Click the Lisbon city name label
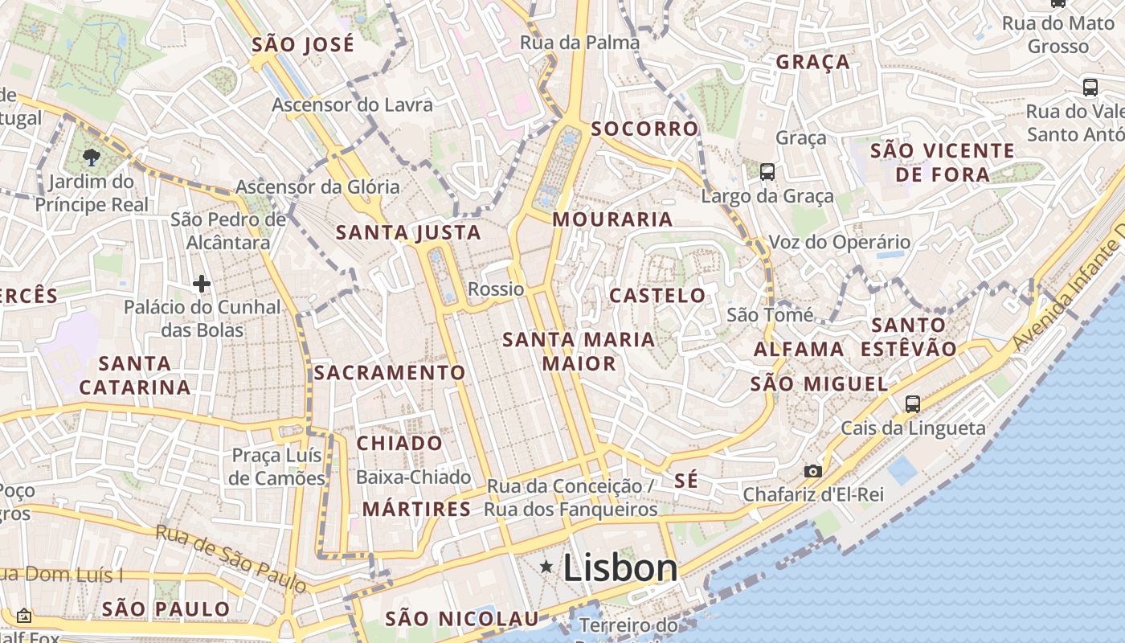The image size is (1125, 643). coord(620,568)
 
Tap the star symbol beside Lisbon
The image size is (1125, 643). coord(546,567)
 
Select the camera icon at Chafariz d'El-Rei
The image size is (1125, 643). coord(813,471)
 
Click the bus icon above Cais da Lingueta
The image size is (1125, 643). coord(913,403)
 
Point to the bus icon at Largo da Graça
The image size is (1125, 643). coord(767,171)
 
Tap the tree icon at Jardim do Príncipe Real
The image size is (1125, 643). coord(91,158)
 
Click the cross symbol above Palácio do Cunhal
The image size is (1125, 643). coord(202,283)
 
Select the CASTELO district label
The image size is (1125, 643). coord(657,295)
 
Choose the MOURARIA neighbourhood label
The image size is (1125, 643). coord(612,219)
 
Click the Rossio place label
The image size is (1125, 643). coord(496,289)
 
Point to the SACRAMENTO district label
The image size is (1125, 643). coord(390,372)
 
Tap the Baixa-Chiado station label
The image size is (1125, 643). coord(413,477)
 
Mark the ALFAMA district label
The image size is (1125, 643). coord(799,349)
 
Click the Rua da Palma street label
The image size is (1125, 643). coord(580,43)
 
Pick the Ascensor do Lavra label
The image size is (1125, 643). coord(352,104)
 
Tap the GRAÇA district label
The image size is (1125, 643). coord(812,62)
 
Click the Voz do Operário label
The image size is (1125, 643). coord(840,242)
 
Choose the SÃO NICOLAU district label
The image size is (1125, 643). coord(461,618)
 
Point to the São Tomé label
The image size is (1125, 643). coord(770,315)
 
